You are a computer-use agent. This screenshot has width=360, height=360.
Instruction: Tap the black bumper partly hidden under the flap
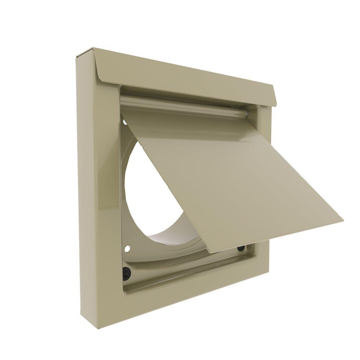coord(240,248)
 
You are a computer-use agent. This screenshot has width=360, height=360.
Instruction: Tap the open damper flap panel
coord(230,173)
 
